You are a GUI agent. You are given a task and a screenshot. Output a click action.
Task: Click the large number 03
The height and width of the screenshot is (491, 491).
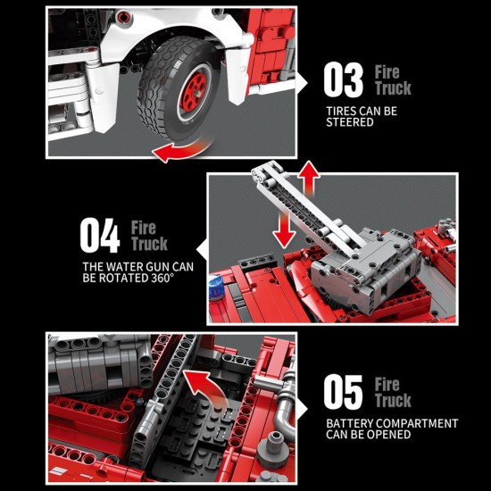tap(343, 79)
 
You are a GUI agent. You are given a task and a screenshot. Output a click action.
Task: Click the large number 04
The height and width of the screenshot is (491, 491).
tap(100, 236)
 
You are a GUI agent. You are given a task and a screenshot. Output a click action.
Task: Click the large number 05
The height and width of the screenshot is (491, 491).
tap(343, 392)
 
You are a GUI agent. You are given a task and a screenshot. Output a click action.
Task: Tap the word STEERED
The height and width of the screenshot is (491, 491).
tap(350, 122)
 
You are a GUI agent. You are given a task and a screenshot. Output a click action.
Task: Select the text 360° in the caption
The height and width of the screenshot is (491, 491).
tap(162, 278)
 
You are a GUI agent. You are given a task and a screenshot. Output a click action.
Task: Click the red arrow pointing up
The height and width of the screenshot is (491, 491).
tap(309, 179)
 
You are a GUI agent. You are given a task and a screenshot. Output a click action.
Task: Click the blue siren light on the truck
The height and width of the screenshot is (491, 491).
tap(216, 288)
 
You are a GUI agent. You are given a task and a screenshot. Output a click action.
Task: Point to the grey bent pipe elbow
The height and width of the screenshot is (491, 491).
tap(286, 413)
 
